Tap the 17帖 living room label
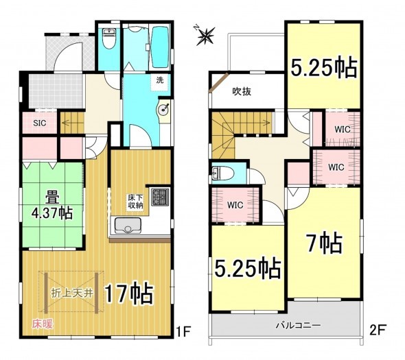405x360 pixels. point(129,294)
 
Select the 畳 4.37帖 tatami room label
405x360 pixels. point(52,206)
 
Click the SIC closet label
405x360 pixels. point(40,123)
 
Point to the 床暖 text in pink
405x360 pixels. point(43,324)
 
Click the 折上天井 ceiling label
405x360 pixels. point(72,293)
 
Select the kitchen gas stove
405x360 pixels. point(160,197)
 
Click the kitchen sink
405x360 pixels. point(128,226)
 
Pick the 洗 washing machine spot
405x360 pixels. point(160,80)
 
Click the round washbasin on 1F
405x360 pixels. point(163,110)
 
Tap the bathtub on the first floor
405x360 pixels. point(160,47)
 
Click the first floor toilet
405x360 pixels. point(109,38)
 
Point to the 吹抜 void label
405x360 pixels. point(242,91)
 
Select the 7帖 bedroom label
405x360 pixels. point(325,243)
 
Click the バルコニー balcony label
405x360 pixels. point(299,325)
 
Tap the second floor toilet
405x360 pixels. point(222,172)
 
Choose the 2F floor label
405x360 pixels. point(378,331)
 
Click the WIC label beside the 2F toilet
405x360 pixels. point(235,205)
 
